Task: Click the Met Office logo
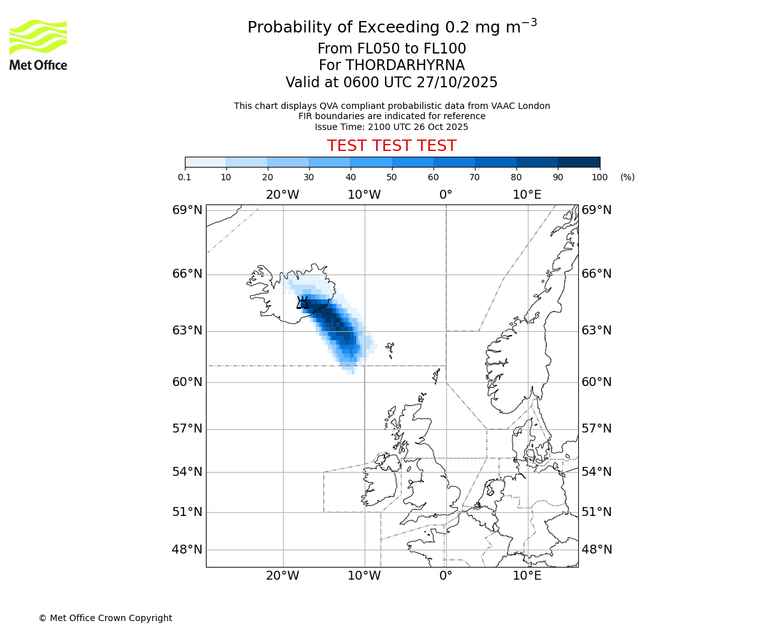[x=38, y=45]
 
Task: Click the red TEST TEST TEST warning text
[x=391, y=146]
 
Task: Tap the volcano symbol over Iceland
[x=303, y=302]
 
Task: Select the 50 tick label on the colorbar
[x=391, y=177]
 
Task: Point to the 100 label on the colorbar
[x=599, y=177]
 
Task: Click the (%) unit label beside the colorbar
[x=627, y=177]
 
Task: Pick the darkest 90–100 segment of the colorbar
[x=579, y=162]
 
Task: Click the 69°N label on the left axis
[x=187, y=210]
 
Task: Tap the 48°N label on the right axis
[x=597, y=550]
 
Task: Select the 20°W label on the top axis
[x=282, y=194]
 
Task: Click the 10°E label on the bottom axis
[x=527, y=576]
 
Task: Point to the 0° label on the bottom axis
[x=446, y=576]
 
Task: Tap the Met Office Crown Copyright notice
[x=105, y=618]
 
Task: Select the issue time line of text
[x=391, y=127]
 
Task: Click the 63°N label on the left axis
[x=187, y=331]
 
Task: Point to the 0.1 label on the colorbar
[x=185, y=177]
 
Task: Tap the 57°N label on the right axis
[x=597, y=429]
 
